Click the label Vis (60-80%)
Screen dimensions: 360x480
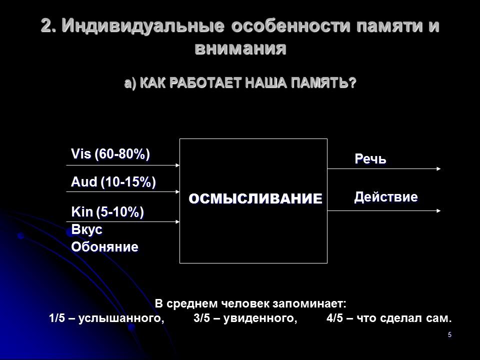tap(110, 154)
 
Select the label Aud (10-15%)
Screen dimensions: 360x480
tap(113, 182)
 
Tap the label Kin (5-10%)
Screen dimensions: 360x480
tap(107, 212)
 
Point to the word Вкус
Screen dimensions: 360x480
tap(87, 229)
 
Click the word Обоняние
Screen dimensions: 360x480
tap(104, 246)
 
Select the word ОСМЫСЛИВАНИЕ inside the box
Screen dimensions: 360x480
tap(255, 198)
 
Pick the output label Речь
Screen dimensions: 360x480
tap(370, 159)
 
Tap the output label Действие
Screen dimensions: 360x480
tap(386, 197)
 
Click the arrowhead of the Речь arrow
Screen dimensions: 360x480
tap(438, 169)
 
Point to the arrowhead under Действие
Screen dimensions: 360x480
tap(438, 211)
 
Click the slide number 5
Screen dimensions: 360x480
tap(449, 334)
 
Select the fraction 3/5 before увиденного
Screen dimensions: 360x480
tap(201, 318)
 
